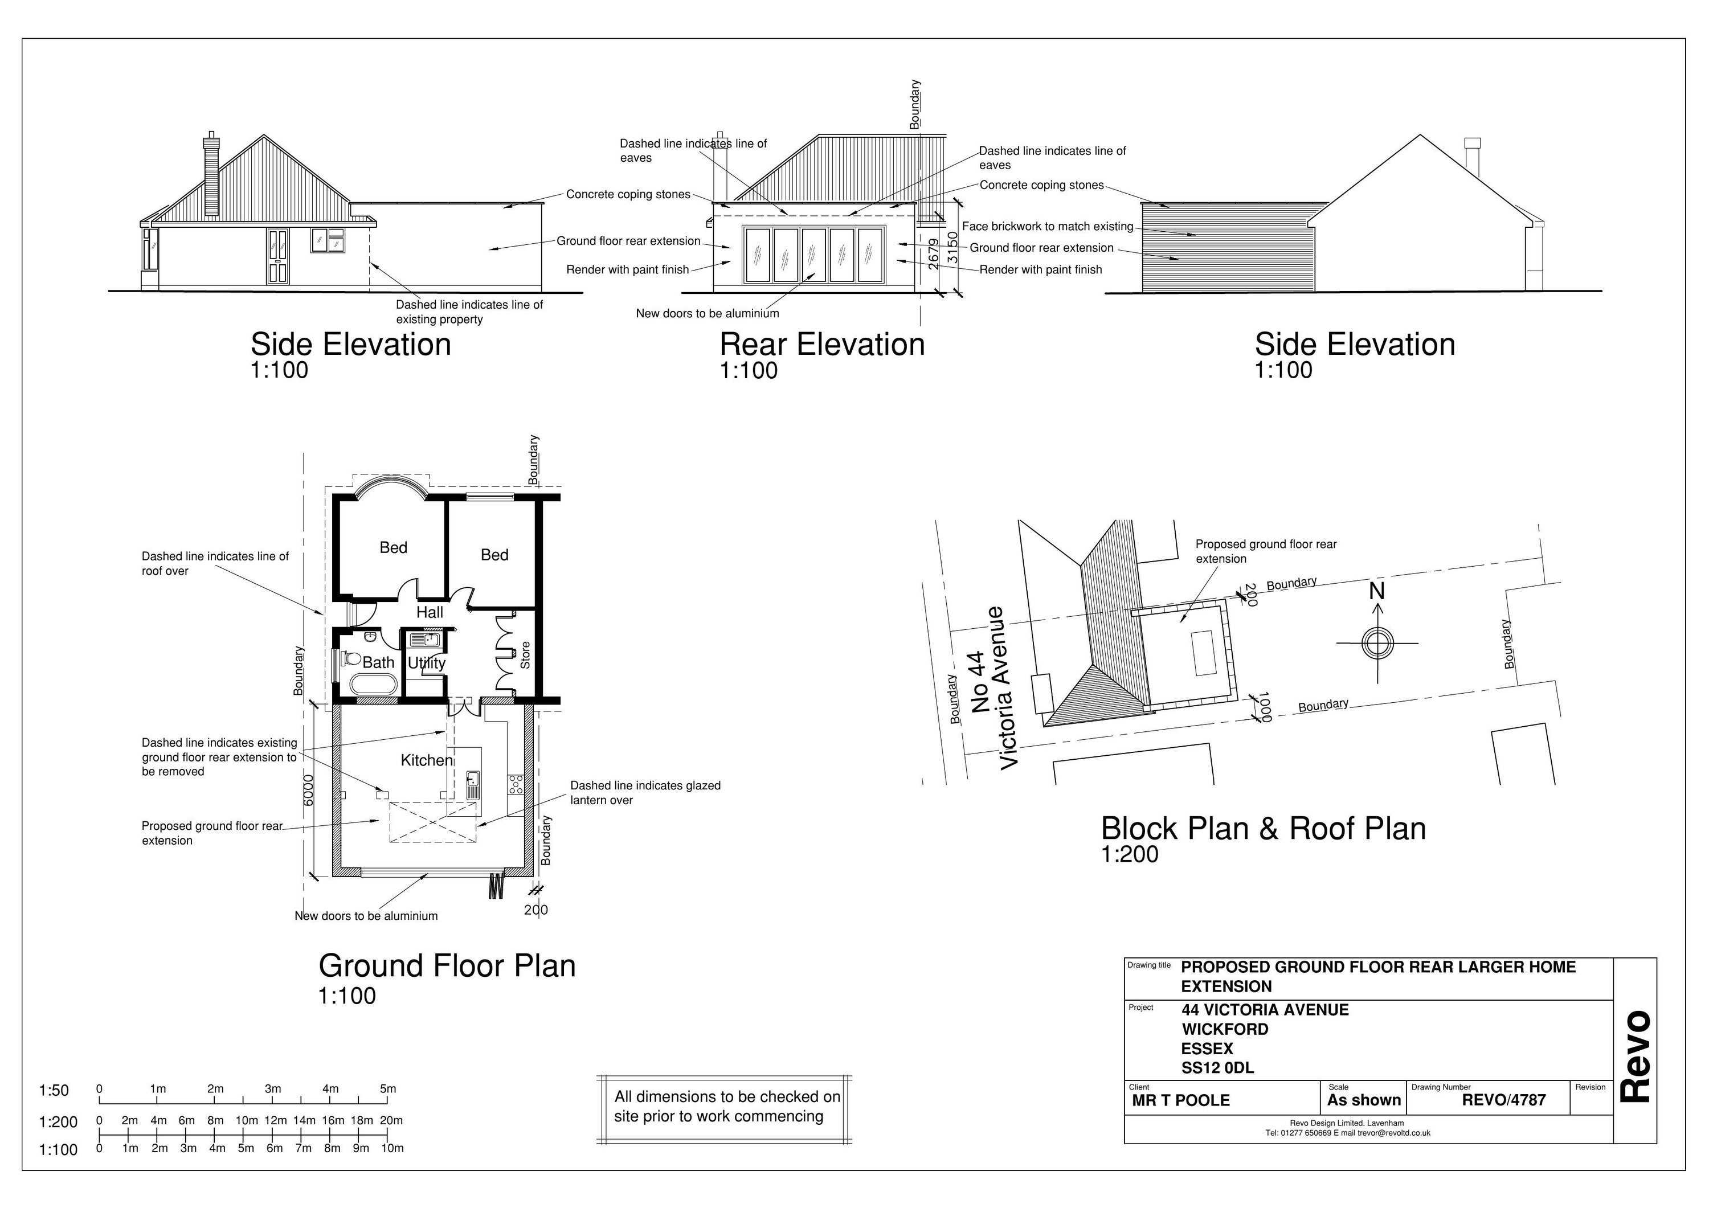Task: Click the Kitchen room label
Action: pos(427,760)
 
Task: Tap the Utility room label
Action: pos(427,662)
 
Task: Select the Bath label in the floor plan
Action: pos(378,662)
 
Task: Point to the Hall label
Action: pos(430,613)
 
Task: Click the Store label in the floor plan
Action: pos(525,655)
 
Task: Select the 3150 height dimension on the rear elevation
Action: pos(952,247)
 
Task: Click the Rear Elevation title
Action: pos(822,345)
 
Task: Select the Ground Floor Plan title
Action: pos(447,966)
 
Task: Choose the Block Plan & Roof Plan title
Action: pos(1263,829)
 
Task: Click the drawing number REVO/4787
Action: pos(1503,1100)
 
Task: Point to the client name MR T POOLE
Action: pos(1180,1101)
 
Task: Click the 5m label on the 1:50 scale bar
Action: pos(388,1089)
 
